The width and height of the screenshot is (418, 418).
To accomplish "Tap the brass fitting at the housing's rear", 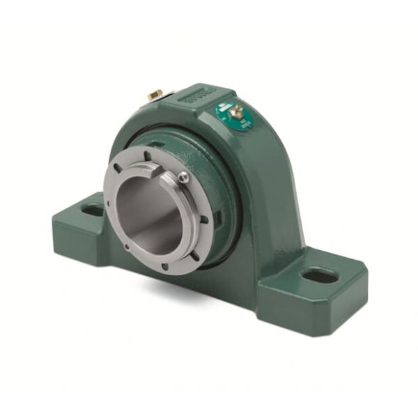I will click(x=155, y=93).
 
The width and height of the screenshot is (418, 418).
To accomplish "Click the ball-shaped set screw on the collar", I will click(x=183, y=178).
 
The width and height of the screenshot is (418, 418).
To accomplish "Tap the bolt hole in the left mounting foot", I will click(x=91, y=208).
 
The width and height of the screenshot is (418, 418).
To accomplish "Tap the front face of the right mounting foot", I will click(x=313, y=307).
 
